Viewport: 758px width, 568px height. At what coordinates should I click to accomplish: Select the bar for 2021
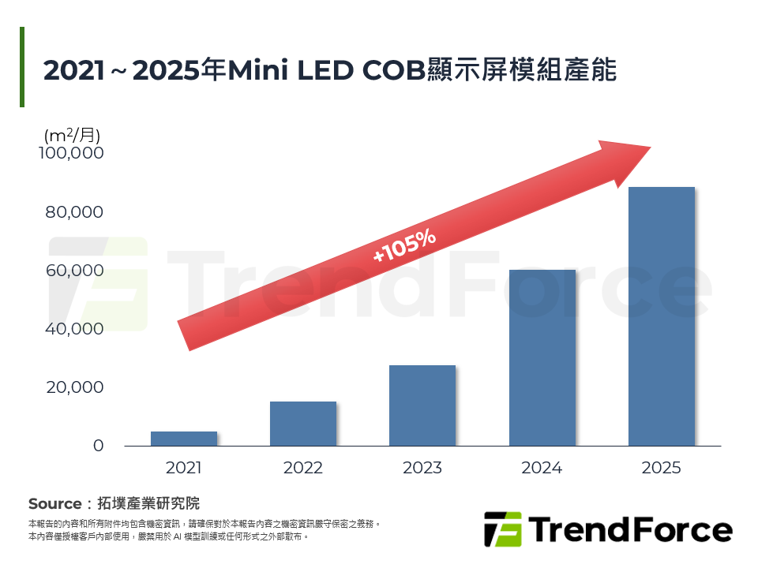tap(183, 439)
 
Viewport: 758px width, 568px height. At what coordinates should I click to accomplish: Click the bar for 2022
tap(303, 424)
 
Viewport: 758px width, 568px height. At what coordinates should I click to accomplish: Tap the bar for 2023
tap(422, 405)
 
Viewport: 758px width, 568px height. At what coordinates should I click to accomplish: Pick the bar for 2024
tap(542, 357)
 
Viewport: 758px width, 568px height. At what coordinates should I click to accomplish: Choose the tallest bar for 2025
tap(662, 316)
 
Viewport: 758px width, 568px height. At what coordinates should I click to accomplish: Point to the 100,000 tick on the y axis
tap(71, 153)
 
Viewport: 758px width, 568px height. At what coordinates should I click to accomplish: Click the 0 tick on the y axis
tap(98, 446)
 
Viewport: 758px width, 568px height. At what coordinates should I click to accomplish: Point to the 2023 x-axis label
tap(422, 468)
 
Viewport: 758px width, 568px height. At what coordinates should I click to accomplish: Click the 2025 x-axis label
tap(662, 468)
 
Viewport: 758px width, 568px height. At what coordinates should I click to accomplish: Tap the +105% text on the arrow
tap(404, 246)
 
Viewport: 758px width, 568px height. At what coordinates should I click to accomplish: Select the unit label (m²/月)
tap(73, 135)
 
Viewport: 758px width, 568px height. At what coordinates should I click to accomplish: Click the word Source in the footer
tap(54, 504)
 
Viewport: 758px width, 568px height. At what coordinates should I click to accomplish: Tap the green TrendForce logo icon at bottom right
tap(502, 529)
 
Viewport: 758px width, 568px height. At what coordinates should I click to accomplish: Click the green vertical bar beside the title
tap(22, 67)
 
